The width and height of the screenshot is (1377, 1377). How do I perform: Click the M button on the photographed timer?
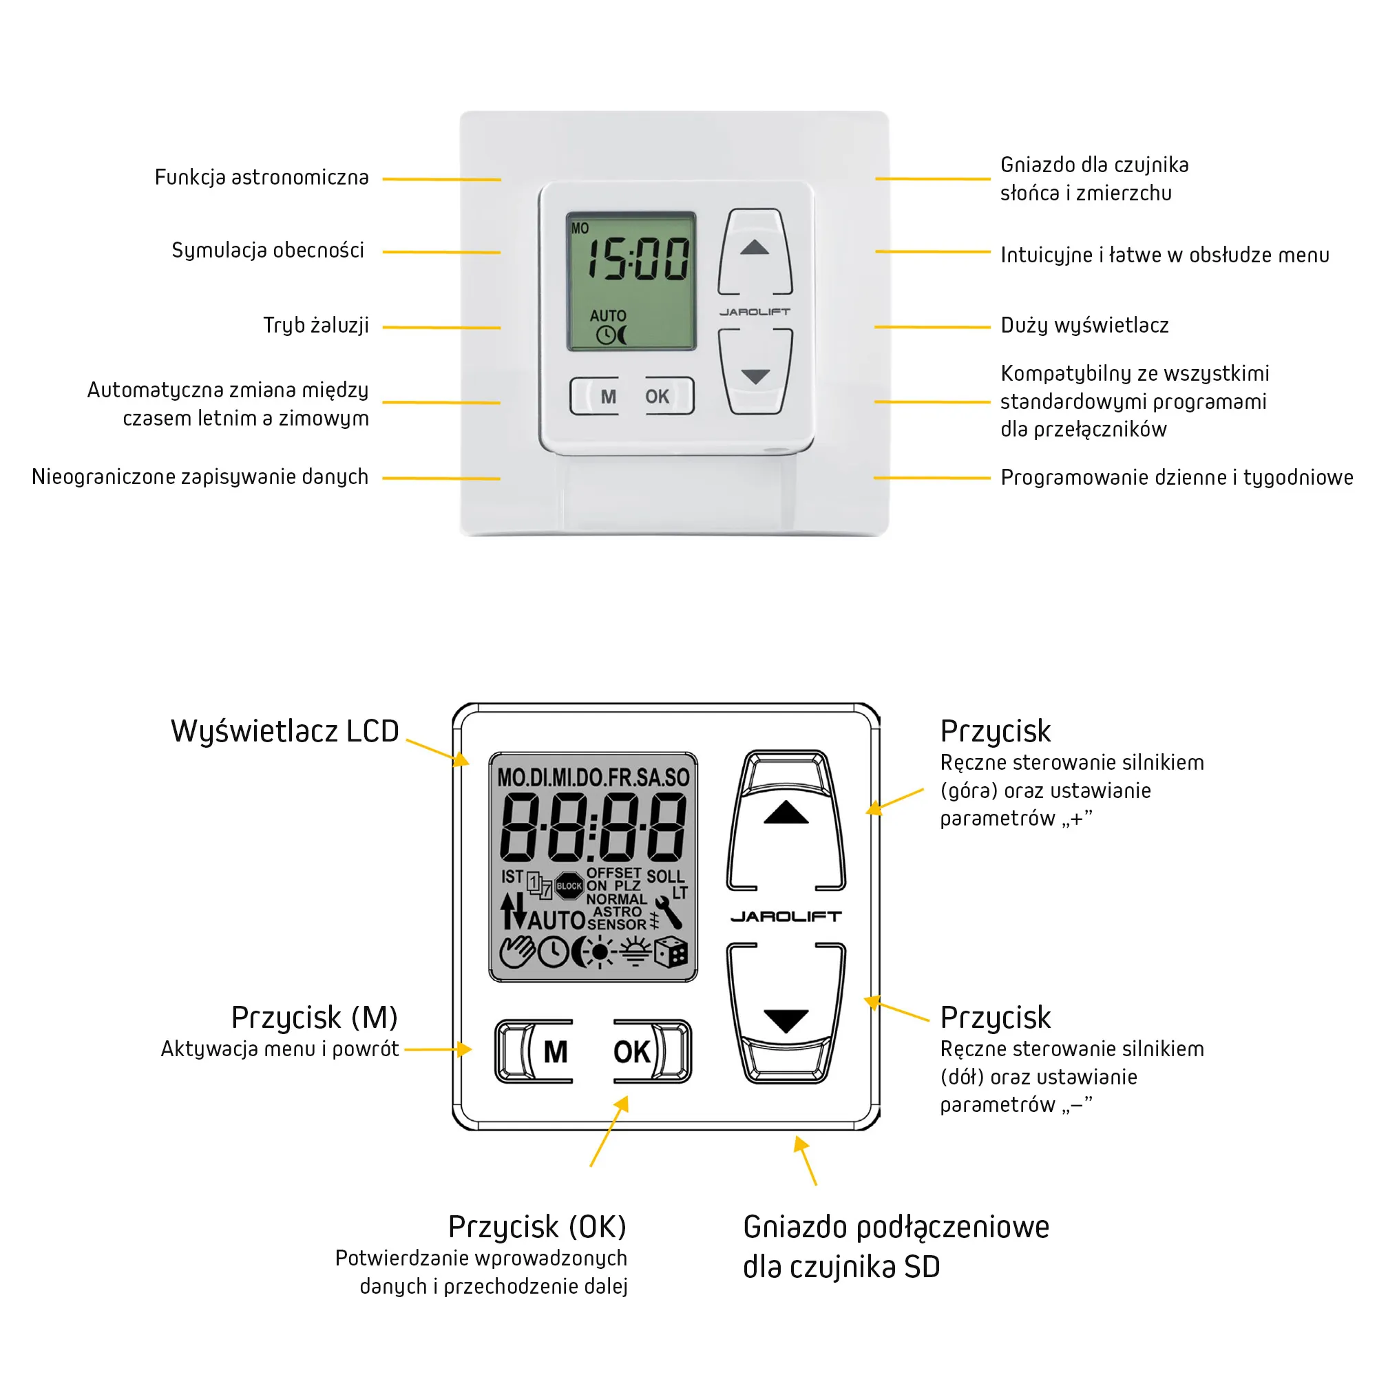(607, 397)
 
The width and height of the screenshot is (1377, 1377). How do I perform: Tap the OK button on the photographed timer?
(657, 397)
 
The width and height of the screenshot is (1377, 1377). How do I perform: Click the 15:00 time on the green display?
(637, 259)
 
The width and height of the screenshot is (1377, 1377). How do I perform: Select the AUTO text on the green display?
(607, 316)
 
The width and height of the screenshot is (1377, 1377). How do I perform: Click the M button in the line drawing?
(555, 1051)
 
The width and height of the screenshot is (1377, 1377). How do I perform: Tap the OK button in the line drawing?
(632, 1051)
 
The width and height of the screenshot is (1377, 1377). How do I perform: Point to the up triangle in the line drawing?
(786, 812)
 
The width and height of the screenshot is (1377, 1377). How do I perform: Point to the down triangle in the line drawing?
(786, 1020)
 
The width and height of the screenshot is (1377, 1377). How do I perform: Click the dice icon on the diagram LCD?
(671, 952)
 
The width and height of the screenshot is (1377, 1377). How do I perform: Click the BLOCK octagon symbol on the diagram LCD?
(569, 886)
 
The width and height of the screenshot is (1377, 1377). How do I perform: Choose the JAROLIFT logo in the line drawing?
(786, 916)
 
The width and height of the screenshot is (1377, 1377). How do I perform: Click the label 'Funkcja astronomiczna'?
(262, 178)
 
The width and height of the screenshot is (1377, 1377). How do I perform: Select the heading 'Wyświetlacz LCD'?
(284, 731)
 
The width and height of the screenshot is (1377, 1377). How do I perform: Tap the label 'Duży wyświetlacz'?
(1084, 326)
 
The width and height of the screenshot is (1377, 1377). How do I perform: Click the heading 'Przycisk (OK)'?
(537, 1227)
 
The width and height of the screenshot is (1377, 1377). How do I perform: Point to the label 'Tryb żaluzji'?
(316, 326)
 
